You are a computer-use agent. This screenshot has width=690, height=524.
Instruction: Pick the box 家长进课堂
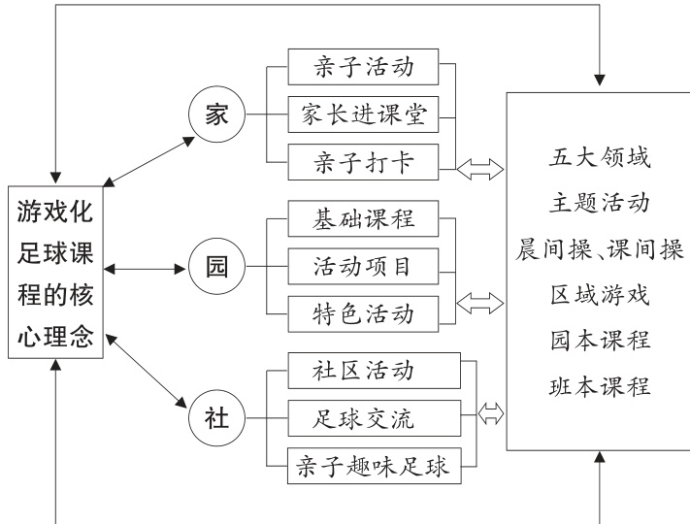365,115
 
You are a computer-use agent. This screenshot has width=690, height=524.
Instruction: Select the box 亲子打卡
365,162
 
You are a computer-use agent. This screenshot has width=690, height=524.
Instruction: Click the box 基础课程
365,217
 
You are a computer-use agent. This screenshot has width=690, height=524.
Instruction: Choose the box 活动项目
365,264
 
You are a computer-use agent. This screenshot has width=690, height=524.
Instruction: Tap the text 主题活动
599,205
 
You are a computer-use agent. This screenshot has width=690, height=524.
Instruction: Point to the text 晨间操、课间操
599,250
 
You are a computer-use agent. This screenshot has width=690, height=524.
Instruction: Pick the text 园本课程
599,342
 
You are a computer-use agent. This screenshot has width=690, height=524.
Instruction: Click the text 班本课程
599,387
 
